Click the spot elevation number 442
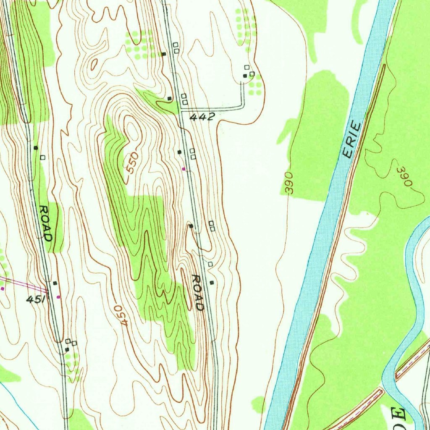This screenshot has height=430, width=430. (202, 117)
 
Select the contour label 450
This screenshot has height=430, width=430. (119, 315)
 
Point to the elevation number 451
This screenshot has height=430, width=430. (35, 299)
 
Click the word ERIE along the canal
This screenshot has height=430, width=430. (352, 139)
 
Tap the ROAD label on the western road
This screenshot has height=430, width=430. (45, 223)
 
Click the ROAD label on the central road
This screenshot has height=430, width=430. (197, 292)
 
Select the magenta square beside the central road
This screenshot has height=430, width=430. (184, 168)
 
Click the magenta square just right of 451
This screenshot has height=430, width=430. (58, 297)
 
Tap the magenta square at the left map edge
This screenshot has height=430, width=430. (3, 288)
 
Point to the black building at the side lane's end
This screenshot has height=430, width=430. (245, 76)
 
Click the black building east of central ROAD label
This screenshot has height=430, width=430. (212, 283)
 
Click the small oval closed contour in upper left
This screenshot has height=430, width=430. (94, 63)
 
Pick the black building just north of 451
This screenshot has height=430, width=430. (55, 283)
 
